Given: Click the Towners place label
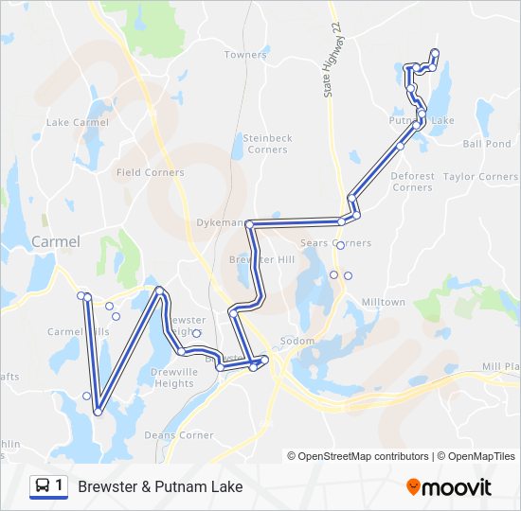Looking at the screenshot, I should tap(245, 55).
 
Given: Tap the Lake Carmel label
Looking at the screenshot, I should tap(78, 123).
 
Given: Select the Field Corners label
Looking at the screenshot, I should tap(150, 173).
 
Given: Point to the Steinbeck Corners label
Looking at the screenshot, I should tap(267, 144).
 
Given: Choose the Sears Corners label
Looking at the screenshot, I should tap(335, 243).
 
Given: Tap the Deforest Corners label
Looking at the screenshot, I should tap(412, 182).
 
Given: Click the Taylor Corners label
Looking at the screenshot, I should tap(480, 177).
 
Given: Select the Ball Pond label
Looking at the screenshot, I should tap(486, 145).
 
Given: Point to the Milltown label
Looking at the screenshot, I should tap(383, 303).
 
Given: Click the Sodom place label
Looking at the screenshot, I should tap(296, 342).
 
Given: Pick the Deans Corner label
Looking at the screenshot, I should tap(179, 435).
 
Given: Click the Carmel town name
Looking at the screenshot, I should tap(56, 242).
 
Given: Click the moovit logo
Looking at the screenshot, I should tap(449, 486).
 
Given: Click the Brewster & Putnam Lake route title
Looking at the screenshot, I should tap(160, 487).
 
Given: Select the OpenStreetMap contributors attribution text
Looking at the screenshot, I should tap(359, 456).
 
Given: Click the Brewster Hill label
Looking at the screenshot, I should tap(261, 259).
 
